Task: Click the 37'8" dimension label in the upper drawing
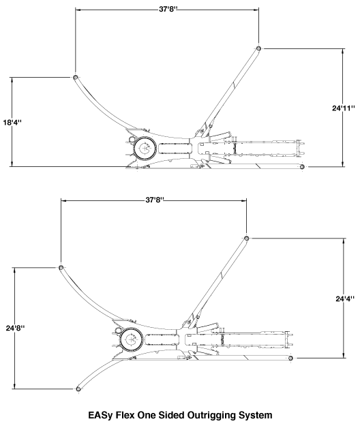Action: [168, 9]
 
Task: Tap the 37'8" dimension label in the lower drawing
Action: [155, 200]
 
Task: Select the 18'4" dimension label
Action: [12, 123]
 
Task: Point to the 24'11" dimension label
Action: [344, 108]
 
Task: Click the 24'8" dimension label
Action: [15, 328]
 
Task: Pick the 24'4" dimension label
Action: [345, 298]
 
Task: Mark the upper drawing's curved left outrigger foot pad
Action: [76, 77]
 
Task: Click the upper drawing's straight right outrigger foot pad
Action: [258, 48]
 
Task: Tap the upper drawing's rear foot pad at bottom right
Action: [303, 166]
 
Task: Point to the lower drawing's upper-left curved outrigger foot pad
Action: [61, 267]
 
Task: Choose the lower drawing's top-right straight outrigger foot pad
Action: [246, 238]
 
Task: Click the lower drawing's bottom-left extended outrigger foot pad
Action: [78, 388]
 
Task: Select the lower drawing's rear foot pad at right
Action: [290, 358]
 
